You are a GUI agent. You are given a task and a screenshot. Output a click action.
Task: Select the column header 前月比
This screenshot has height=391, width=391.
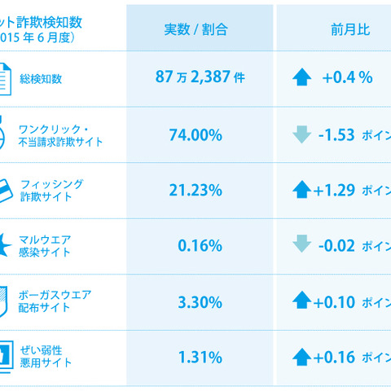pyautogui.click(x=334, y=29)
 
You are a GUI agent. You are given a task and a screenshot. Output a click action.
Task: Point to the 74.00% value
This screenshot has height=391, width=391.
pyautogui.click(x=200, y=135)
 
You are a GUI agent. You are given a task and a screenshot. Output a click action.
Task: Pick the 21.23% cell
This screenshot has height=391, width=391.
pyautogui.click(x=200, y=191)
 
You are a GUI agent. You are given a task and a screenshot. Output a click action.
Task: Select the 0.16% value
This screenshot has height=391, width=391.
pyautogui.click(x=200, y=246)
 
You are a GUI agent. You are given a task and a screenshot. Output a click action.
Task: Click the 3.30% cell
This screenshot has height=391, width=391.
pyautogui.click(x=200, y=301)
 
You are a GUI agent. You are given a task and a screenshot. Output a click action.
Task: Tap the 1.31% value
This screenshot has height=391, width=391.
pyautogui.click(x=200, y=357)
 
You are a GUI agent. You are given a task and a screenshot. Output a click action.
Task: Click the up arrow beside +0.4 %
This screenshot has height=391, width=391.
pyautogui.click(x=301, y=78)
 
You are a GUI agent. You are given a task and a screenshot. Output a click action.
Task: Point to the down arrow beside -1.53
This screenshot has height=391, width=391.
pyautogui.click(x=301, y=135)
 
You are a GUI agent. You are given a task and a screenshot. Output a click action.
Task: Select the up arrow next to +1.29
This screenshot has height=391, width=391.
pyautogui.click(x=301, y=191)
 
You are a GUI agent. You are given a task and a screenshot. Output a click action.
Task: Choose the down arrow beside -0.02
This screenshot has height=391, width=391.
pyautogui.click(x=301, y=246)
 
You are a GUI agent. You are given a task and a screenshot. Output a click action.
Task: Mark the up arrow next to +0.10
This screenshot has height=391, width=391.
pyautogui.click(x=301, y=301)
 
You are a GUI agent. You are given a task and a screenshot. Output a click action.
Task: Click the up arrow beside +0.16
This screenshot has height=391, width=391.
pyautogui.click(x=301, y=357)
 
